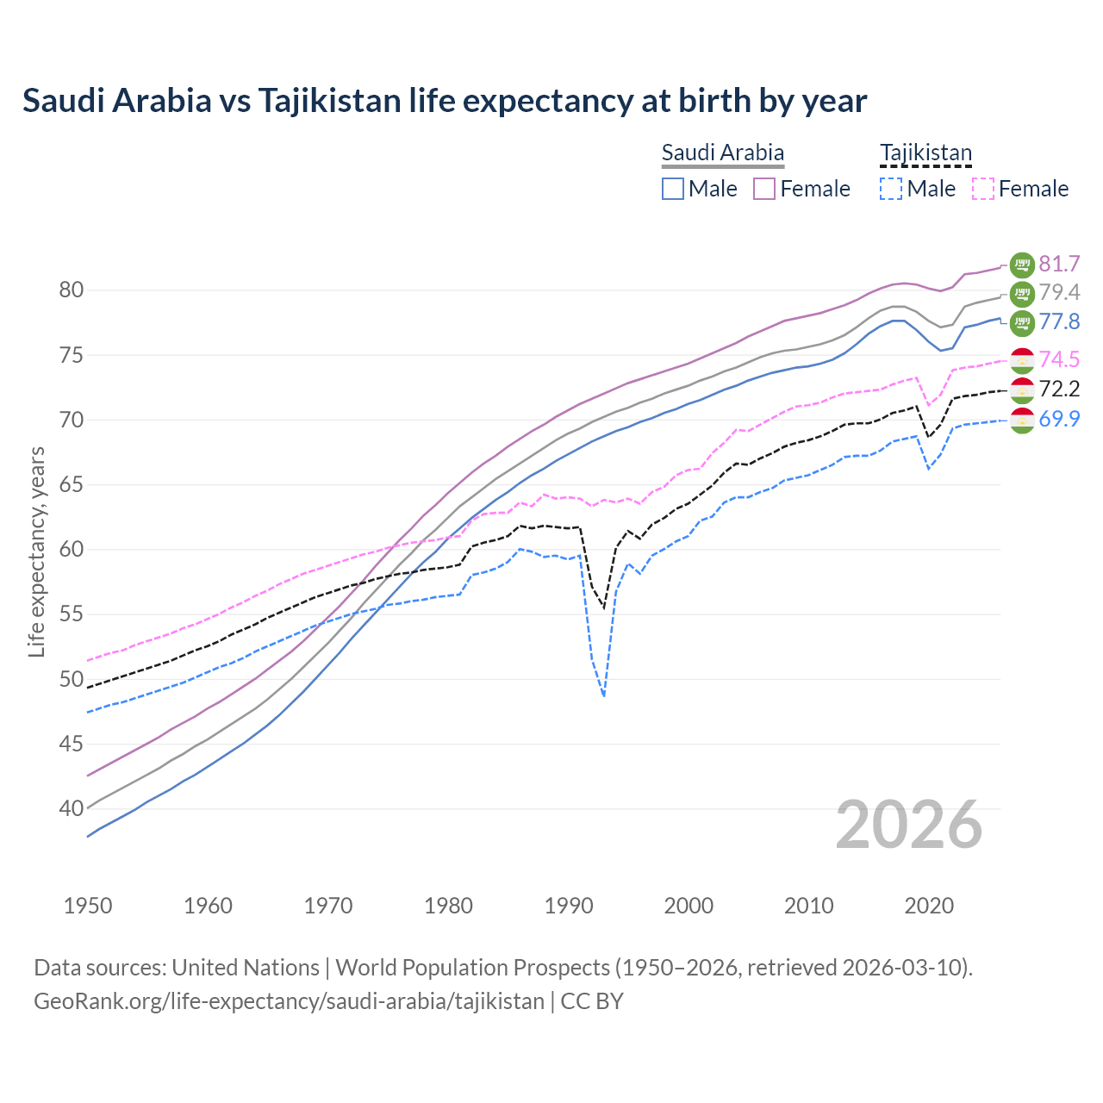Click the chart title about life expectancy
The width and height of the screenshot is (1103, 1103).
click(445, 101)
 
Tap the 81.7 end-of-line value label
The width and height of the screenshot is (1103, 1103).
click(1059, 264)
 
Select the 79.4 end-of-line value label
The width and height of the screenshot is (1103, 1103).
click(1059, 293)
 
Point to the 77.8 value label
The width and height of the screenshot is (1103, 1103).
click(1059, 322)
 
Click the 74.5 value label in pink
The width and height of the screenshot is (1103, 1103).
click(1059, 360)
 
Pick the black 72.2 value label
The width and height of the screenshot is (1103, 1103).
click(1059, 389)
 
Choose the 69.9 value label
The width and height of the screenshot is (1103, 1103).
click(1059, 420)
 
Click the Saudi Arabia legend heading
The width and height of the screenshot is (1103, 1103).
click(722, 153)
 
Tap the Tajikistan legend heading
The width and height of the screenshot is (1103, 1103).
click(925, 153)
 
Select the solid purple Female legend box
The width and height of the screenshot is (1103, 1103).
click(764, 189)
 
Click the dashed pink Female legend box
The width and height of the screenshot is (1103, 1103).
click(983, 189)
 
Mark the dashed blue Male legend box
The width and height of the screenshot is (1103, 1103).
click(891, 189)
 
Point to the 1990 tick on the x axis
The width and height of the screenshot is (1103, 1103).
click(569, 906)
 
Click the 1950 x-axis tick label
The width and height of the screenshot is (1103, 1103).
click(88, 906)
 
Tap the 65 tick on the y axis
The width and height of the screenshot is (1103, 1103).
click(71, 485)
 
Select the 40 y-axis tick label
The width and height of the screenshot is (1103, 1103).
click(71, 809)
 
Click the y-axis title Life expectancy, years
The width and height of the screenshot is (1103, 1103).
click(36, 551)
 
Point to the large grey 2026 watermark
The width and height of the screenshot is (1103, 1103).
click(909, 825)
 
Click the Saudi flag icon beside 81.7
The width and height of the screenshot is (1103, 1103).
click(1022, 264)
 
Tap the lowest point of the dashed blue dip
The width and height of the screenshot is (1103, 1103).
click(604, 695)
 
